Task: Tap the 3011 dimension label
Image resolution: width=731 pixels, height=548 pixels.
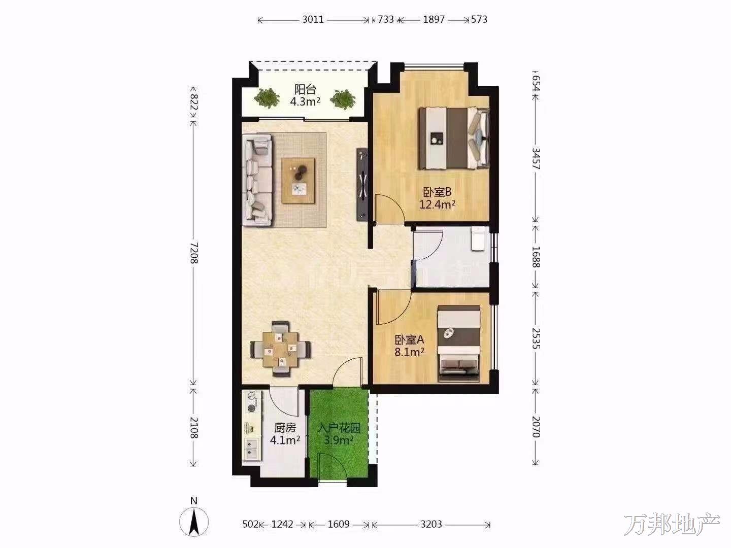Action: pos(313,19)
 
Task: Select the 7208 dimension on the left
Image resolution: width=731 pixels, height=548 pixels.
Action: pos(194,253)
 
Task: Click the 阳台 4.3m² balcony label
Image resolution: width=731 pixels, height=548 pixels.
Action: pos(305,95)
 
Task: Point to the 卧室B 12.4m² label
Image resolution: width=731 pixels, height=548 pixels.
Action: pos(437,198)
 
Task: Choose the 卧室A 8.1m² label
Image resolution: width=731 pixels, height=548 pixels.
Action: pos(409,346)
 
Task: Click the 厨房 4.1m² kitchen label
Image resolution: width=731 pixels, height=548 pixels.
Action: pos(285,434)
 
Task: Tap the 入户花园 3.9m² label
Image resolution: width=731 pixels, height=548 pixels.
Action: pos(339,434)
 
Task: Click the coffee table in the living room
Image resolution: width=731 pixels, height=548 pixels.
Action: pos(298,181)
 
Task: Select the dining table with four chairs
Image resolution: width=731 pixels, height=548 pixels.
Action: pos(280,349)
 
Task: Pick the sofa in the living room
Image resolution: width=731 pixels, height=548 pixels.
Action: pos(257,180)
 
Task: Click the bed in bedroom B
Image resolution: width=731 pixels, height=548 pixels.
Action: pos(454,138)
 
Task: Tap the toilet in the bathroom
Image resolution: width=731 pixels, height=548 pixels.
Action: pos(478,238)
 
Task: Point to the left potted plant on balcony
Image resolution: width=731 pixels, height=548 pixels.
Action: pos(267,98)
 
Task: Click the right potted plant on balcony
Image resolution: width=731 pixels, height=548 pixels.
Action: pos(343,99)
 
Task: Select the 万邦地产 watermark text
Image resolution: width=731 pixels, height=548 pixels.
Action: pos(672,524)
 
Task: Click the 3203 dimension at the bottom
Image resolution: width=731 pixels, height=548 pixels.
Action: pos(431,524)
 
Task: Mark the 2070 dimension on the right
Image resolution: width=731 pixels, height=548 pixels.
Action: pos(536,427)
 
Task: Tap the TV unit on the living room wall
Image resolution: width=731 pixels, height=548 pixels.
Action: pos(362,184)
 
